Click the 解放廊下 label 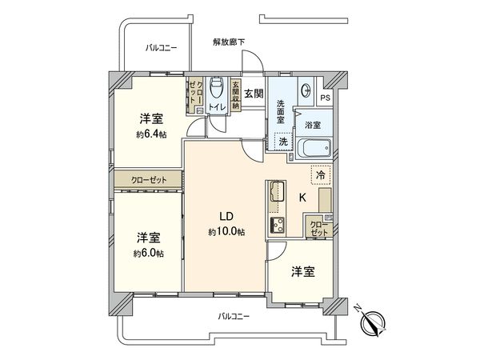point(229,41)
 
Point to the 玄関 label point(254,93)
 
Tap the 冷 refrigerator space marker point(320,174)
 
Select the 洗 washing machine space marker point(282,142)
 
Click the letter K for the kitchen point(302,197)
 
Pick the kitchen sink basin point(277,193)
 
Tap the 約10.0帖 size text point(227,232)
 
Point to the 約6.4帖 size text point(150,134)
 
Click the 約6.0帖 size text point(150,253)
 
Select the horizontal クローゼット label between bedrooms point(149,180)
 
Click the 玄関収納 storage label point(235,94)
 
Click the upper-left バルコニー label point(161,49)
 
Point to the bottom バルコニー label point(234,317)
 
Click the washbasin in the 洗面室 point(307,90)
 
